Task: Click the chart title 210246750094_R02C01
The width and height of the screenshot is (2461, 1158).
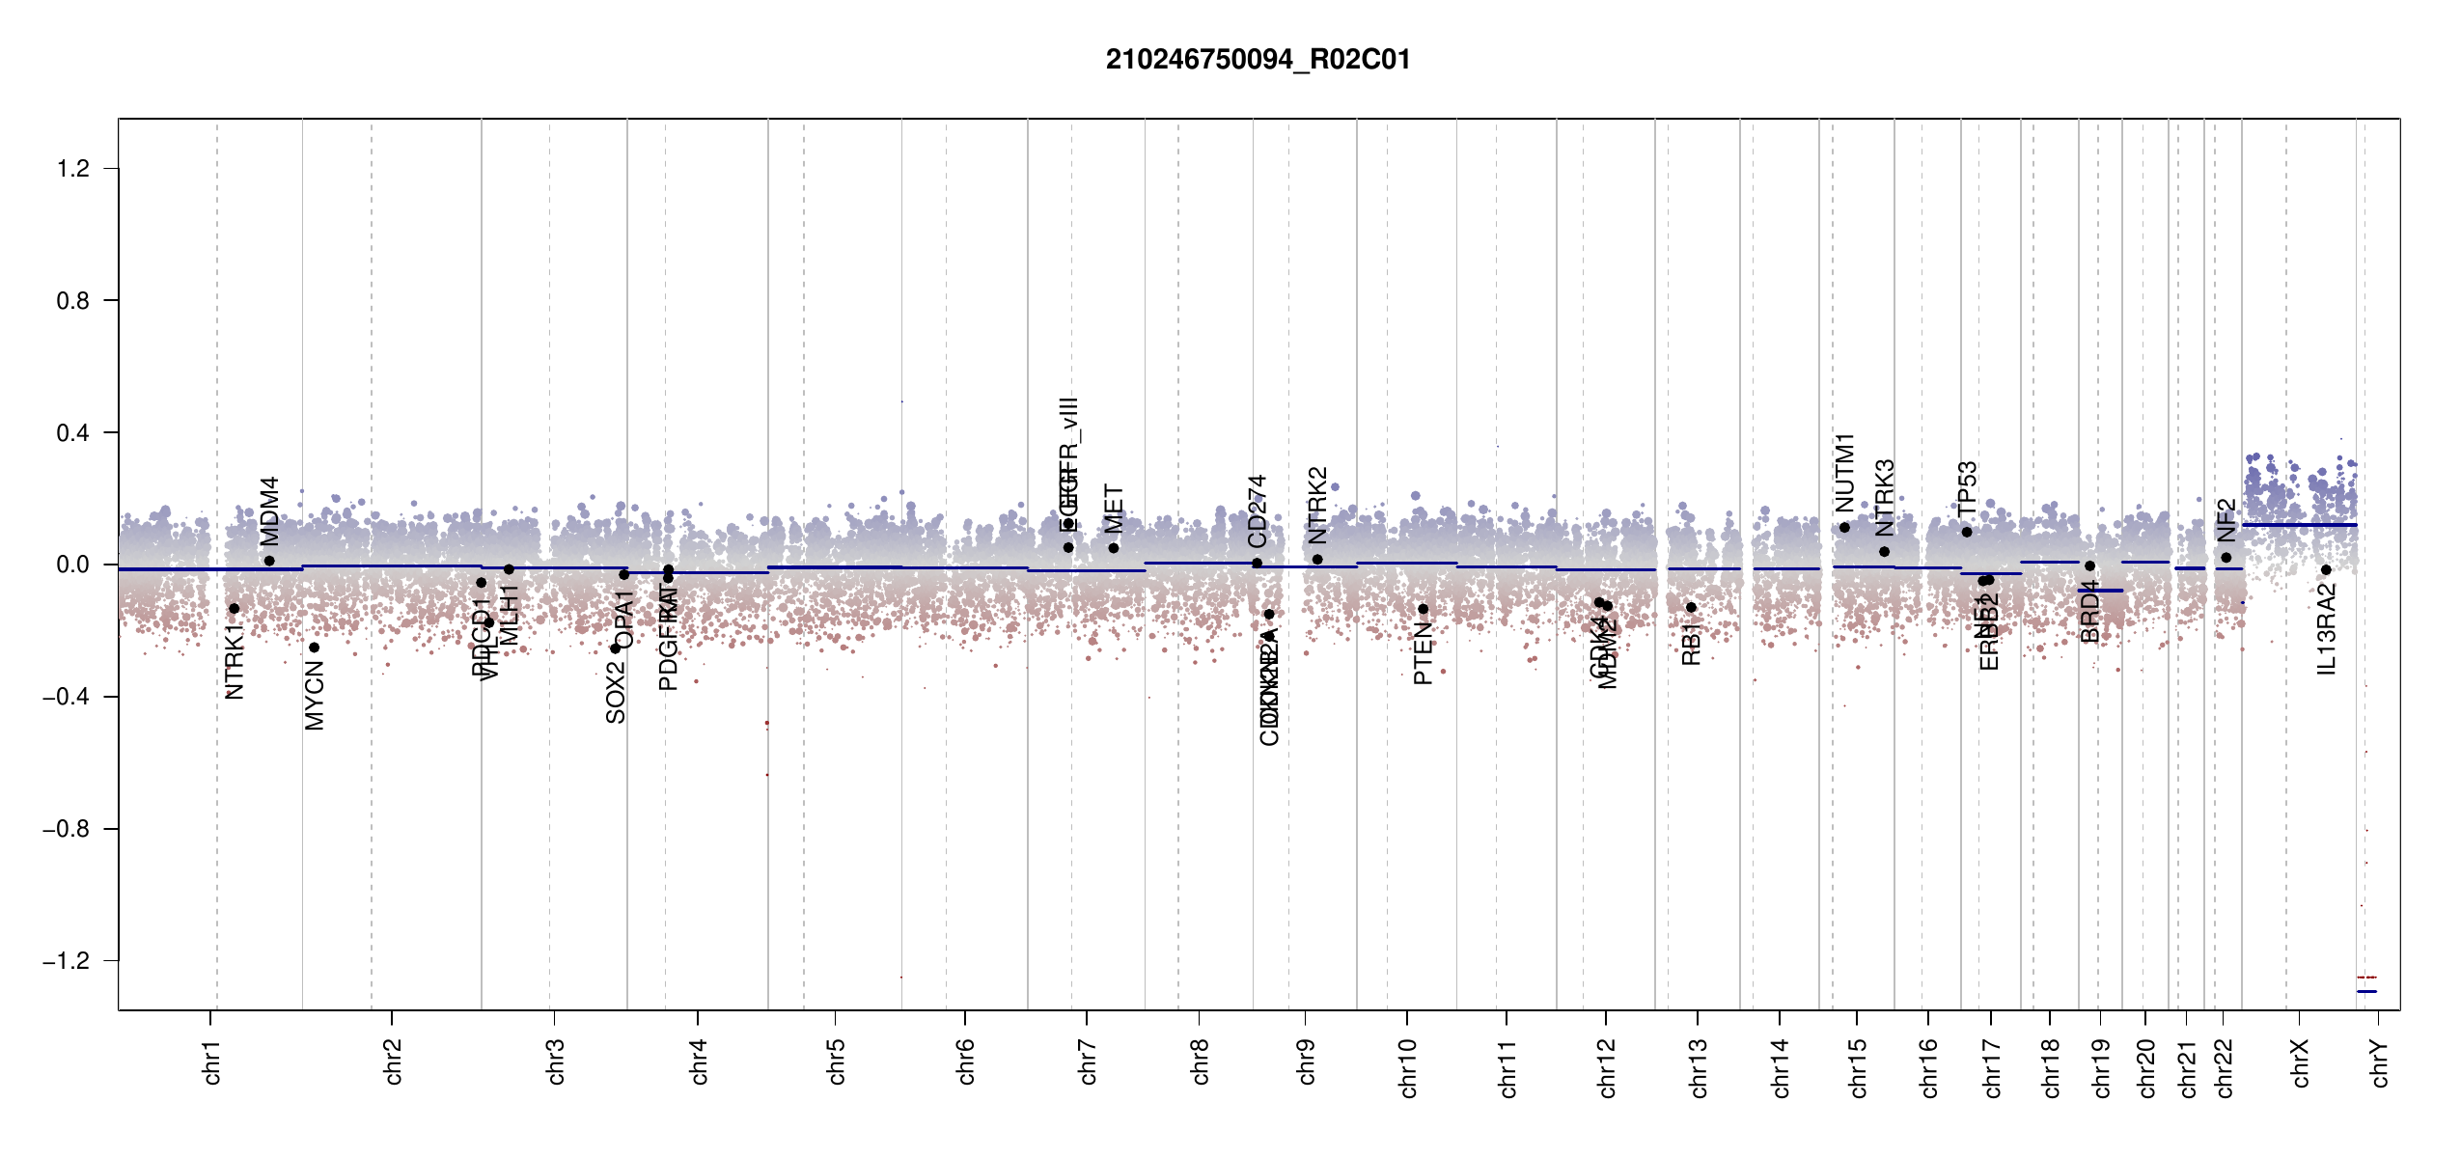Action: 1258,60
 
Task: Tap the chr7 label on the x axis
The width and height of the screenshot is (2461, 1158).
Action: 1088,1061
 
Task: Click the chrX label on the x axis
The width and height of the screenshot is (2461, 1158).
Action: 2300,1062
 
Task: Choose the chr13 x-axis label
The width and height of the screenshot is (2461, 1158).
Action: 1698,1067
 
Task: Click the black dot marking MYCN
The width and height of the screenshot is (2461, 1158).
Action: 314,648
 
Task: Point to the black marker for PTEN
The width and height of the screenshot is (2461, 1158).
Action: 1423,609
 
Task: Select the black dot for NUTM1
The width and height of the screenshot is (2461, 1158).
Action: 1844,527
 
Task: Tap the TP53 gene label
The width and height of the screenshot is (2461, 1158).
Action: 1967,488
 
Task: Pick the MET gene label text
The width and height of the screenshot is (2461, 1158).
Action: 1114,509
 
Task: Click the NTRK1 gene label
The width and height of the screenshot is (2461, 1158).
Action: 235,661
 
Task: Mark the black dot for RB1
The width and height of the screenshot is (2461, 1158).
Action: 1691,607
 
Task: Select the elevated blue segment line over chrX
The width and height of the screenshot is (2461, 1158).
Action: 2299,525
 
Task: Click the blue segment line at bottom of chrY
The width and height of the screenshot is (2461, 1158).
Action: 2366,991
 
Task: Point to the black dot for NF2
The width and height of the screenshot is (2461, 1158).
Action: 2226,557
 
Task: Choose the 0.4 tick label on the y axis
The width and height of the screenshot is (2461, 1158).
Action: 73,432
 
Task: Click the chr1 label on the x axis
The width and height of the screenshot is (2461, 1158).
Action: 212,1061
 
